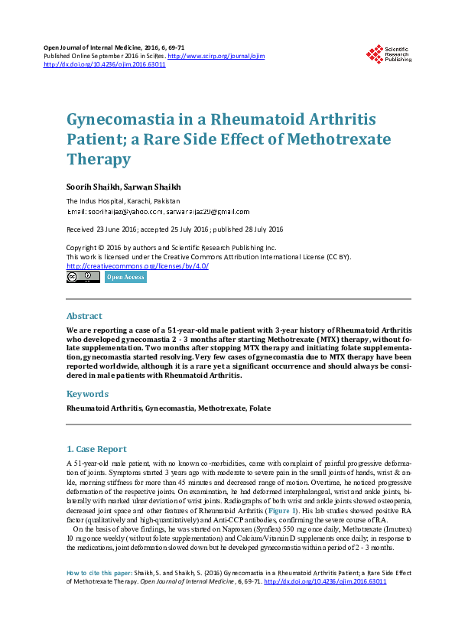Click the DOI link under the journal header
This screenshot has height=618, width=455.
(x=105, y=65)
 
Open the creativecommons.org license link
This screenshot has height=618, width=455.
(x=138, y=265)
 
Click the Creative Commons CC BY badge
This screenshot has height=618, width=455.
(x=83, y=277)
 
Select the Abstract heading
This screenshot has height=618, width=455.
(x=84, y=316)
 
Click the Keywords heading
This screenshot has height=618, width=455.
(x=88, y=394)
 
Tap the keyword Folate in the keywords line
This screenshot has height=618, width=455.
(x=260, y=408)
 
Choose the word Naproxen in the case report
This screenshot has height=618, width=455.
(x=203, y=529)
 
